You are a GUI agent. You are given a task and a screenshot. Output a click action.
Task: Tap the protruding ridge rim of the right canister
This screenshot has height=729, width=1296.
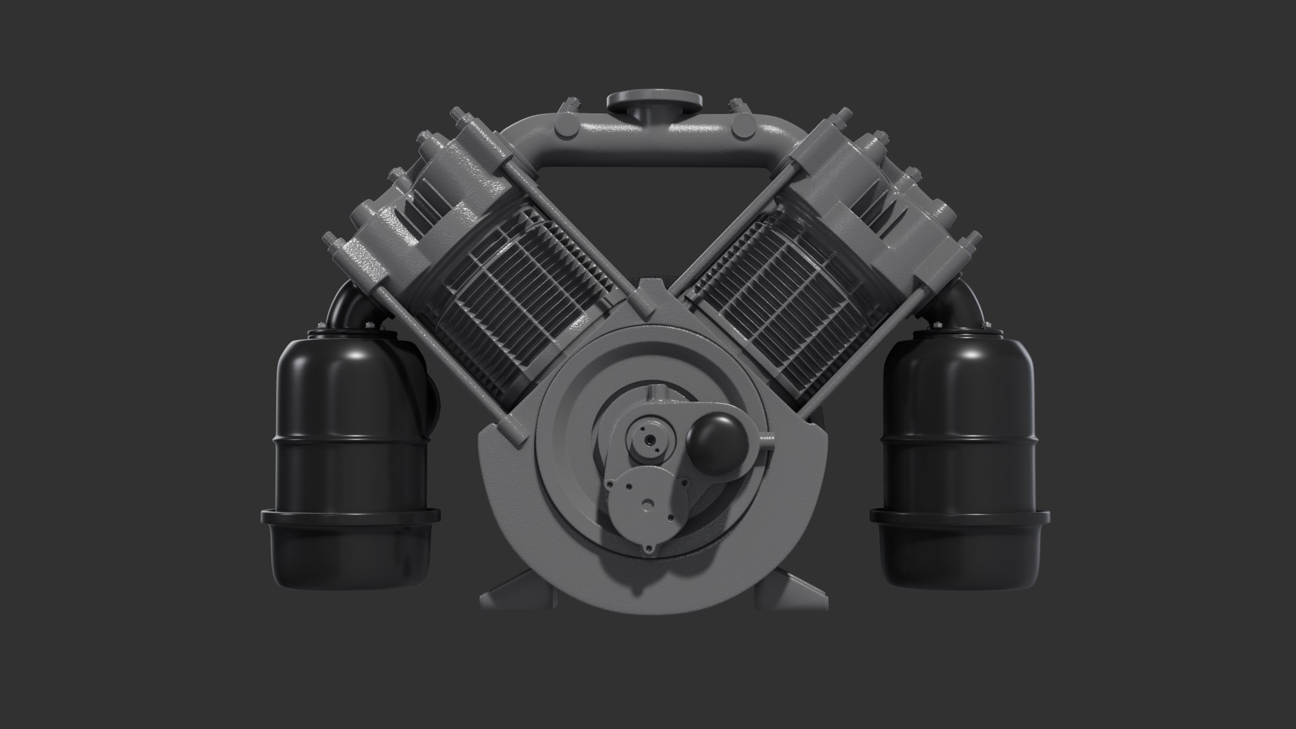(959, 518)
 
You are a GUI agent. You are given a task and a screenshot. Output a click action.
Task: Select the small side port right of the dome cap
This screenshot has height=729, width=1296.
(766, 437)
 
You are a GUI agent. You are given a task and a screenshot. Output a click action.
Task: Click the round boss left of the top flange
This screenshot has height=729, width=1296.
(564, 125)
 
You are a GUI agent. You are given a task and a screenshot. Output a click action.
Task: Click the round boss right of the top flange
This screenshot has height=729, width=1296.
(744, 125)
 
